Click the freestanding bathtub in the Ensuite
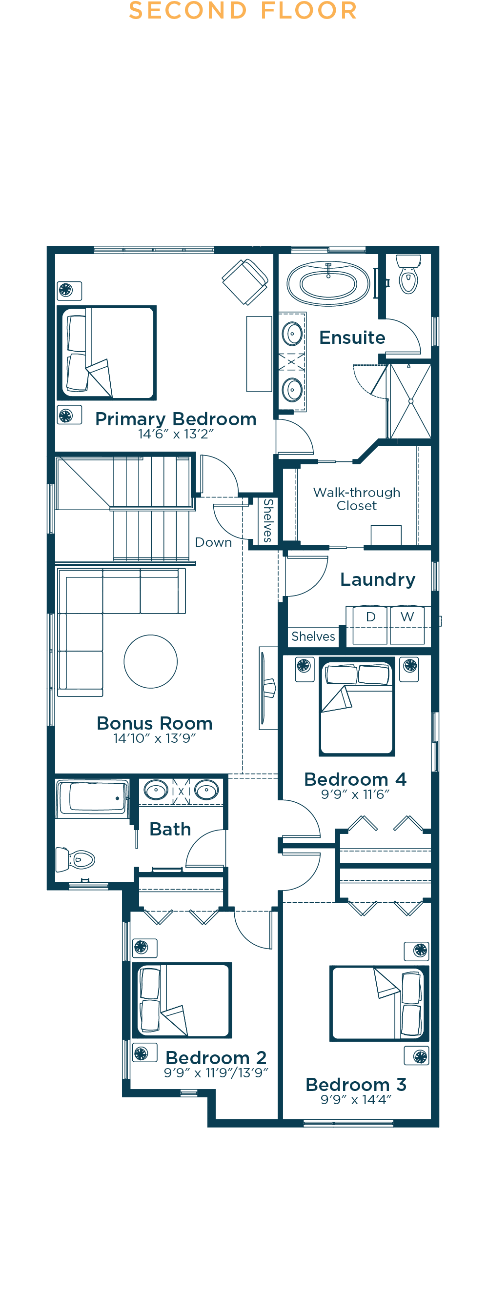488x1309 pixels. [x=328, y=283]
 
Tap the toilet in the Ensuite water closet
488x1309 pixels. [x=409, y=274]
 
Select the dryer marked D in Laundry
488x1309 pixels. [x=370, y=625]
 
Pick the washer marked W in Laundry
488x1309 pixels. [x=407, y=625]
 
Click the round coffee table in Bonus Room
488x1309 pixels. [x=150, y=661]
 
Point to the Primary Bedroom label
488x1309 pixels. [x=176, y=419]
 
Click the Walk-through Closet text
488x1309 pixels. [x=357, y=499]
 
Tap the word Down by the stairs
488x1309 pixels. [x=214, y=542]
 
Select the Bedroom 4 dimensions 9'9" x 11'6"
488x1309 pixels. [x=355, y=794]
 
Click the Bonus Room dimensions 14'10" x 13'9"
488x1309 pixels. [x=155, y=738]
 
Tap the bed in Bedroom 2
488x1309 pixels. [x=182, y=1000]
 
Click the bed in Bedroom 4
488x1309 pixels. [x=357, y=706]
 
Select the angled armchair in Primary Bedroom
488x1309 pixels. [x=245, y=281]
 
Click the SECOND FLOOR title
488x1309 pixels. [x=243, y=10]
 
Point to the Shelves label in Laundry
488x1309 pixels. [x=313, y=636]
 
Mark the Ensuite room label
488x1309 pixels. [x=352, y=337]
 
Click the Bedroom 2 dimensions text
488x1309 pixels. [x=216, y=1073]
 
